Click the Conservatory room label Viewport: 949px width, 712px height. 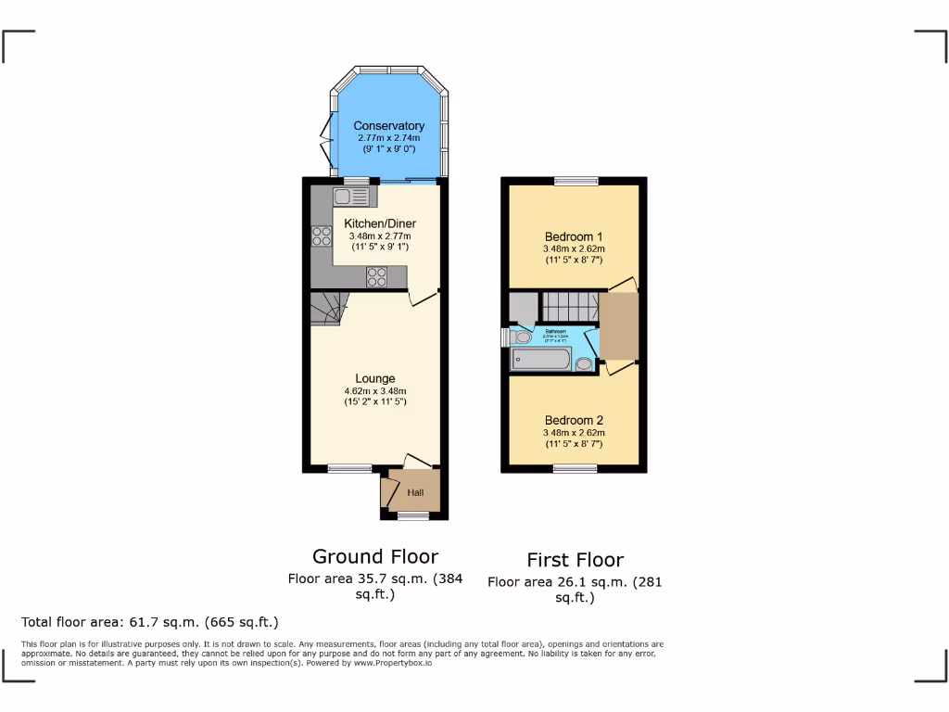click(388, 126)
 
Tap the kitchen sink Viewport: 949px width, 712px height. click(349, 197)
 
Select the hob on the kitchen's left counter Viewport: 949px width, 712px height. click(322, 236)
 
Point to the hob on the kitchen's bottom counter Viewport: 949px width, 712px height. click(376, 276)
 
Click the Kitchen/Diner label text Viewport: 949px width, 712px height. click(380, 223)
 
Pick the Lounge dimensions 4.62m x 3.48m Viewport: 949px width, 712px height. click(375, 391)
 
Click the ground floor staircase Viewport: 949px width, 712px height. click(326, 308)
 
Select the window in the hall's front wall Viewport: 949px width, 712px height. click(413, 515)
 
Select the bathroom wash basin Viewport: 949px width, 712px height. click(585, 363)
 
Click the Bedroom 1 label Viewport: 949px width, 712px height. click(574, 236)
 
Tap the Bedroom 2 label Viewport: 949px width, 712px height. click(574, 420)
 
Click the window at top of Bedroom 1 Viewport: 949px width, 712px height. click(576, 182)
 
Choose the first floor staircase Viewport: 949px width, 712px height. click(568, 304)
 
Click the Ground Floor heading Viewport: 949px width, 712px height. click(375, 556)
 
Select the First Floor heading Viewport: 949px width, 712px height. click(575, 559)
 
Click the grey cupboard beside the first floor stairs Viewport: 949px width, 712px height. click(523, 306)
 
